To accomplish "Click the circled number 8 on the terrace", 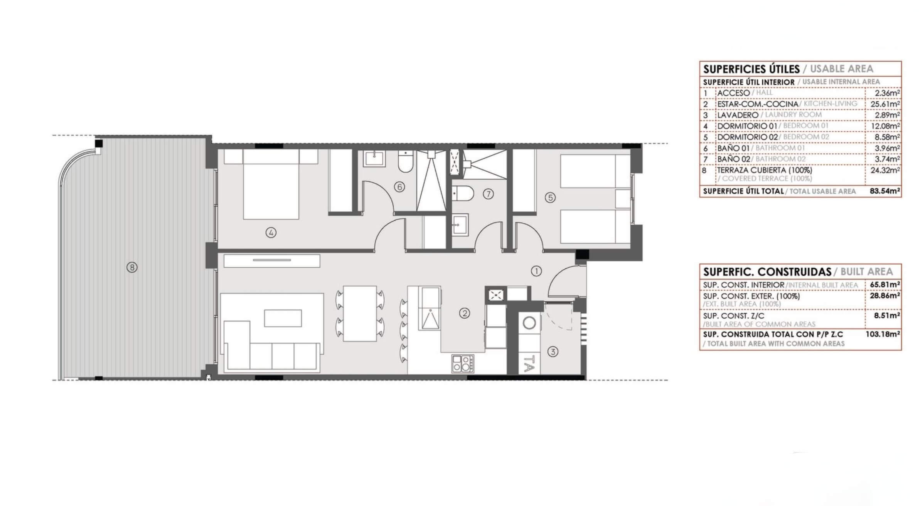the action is [x=132, y=267].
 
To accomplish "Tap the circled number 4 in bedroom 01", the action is [x=271, y=233].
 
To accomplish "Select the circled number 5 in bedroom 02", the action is [x=550, y=198].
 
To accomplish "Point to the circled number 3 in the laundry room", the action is [x=553, y=352].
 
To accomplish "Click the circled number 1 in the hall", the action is [x=536, y=271].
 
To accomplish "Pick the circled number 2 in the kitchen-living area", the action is [x=465, y=313].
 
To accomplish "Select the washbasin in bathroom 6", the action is [x=374, y=159].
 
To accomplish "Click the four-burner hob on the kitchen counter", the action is [x=463, y=364].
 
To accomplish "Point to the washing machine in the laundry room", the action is [x=529, y=323].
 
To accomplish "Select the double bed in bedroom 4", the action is [x=271, y=184].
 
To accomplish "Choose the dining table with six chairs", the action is [x=360, y=313].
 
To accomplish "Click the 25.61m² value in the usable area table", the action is [x=885, y=104].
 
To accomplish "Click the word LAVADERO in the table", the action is [x=738, y=115].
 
